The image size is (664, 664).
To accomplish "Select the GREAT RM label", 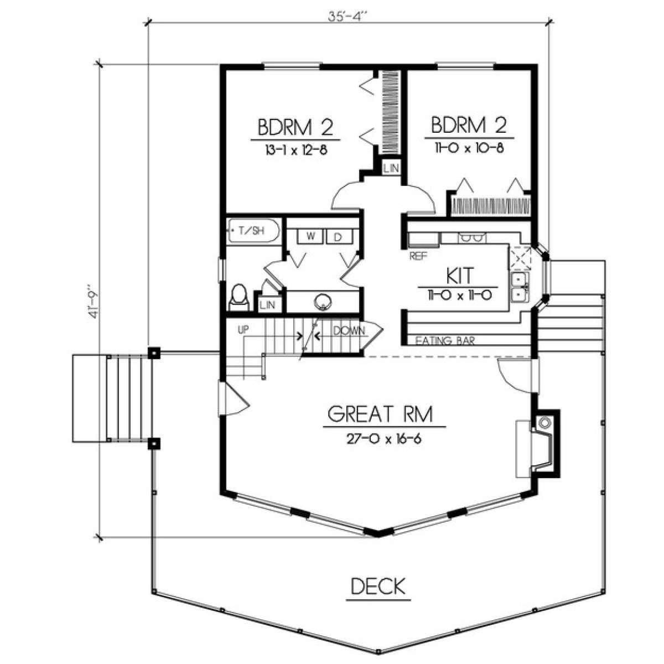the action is pyautogui.click(x=380, y=414).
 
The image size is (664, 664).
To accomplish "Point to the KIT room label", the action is pyautogui.click(x=460, y=276).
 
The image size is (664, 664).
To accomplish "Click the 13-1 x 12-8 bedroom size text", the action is pyautogui.click(x=295, y=150).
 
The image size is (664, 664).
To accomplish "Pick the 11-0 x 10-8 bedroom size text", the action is pyautogui.click(x=469, y=148).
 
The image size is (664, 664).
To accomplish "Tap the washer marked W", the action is pyautogui.click(x=310, y=237).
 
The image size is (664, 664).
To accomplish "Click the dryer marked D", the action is pyautogui.click(x=339, y=237).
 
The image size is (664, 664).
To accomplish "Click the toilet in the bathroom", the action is pyautogui.click(x=239, y=298).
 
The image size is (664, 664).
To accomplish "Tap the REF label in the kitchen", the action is pyautogui.click(x=418, y=256).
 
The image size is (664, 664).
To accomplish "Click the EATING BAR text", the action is pyautogui.click(x=444, y=341).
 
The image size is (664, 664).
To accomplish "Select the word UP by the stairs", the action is pyautogui.click(x=243, y=330).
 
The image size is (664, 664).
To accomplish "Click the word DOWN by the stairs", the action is pyautogui.click(x=349, y=331).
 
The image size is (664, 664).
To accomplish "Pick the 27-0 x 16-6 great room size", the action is pyautogui.click(x=384, y=439).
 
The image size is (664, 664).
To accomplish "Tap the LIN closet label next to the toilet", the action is pyautogui.click(x=268, y=304).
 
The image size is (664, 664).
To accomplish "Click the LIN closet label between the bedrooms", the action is pyautogui.click(x=391, y=169).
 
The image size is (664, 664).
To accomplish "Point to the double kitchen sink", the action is pyautogui.click(x=520, y=287).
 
